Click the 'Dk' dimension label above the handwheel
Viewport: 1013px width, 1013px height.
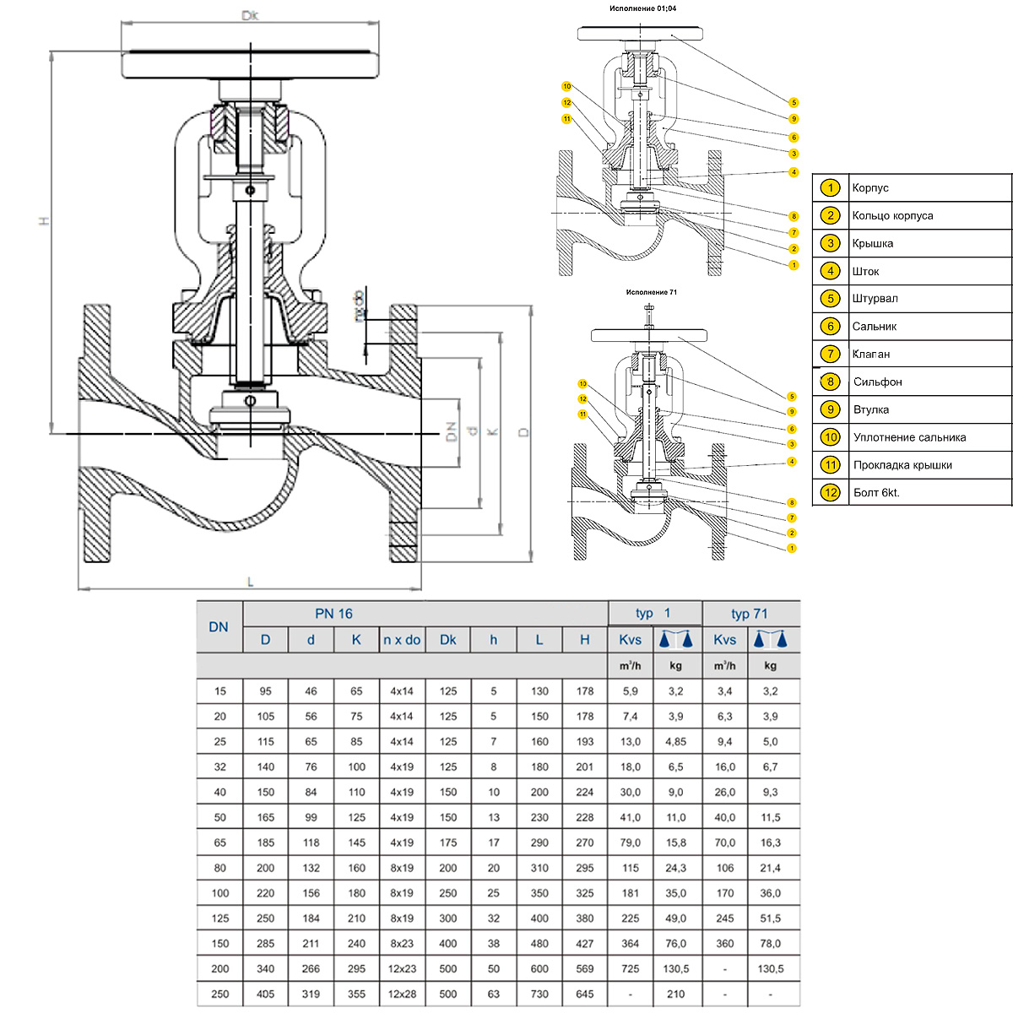pyautogui.click(x=249, y=15)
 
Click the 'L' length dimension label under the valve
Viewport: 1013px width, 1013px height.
pyautogui.click(x=250, y=582)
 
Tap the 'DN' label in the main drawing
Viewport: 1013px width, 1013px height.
pyautogui.click(x=451, y=432)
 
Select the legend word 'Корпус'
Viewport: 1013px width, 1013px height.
pyautogui.click(x=870, y=188)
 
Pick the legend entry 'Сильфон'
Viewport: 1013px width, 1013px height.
pyautogui.click(x=877, y=382)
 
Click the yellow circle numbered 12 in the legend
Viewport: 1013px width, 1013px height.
pyautogui.click(x=831, y=492)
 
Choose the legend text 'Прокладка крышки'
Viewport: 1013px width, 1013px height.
pyautogui.click(x=902, y=465)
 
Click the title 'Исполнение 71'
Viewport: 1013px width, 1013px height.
pyautogui.click(x=651, y=292)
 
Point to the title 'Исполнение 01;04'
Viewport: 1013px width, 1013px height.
pyautogui.click(x=642, y=8)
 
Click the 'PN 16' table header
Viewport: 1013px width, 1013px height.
pyautogui.click(x=334, y=614)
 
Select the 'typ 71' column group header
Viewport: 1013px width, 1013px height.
pyautogui.click(x=750, y=614)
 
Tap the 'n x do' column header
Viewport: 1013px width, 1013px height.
pyautogui.click(x=402, y=640)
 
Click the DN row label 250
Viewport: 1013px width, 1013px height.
pyautogui.click(x=219, y=994)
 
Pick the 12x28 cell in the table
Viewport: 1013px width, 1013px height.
pyautogui.click(x=402, y=994)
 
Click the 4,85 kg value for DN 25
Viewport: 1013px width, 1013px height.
pyautogui.click(x=675, y=741)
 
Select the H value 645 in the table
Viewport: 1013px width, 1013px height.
pyautogui.click(x=585, y=994)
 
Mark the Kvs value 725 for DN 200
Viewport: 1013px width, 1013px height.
pyautogui.click(x=630, y=968)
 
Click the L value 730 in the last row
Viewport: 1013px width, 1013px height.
pyautogui.click(x=539, y=994)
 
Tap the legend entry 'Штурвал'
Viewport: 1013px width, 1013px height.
pyautogui.click(x=875, y=299)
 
